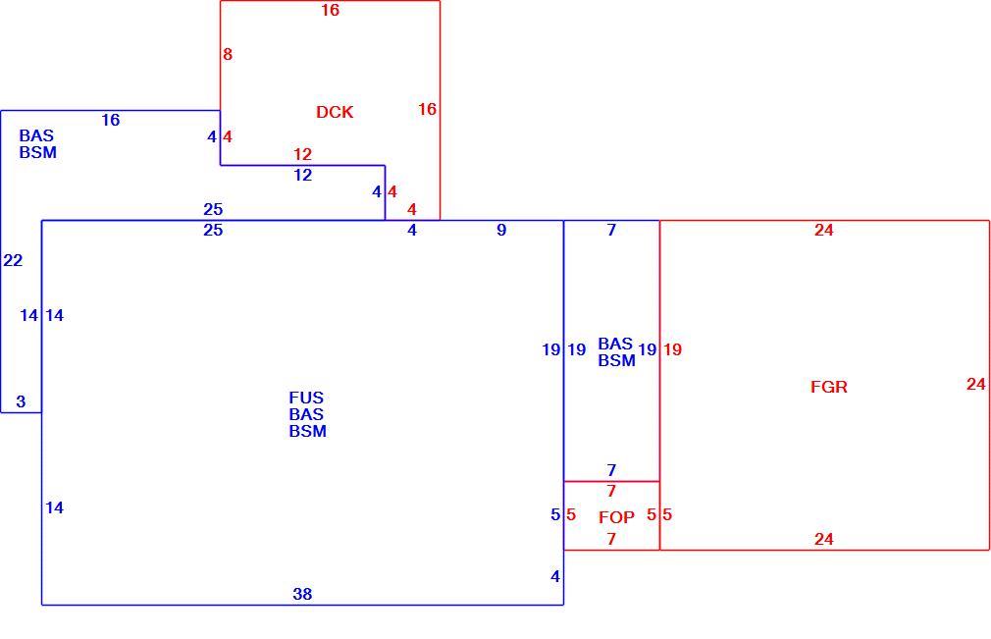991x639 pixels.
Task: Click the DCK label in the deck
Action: coord(335,112)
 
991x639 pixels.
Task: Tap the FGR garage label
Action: coord(828,386)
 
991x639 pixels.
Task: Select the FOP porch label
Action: coord(616,517)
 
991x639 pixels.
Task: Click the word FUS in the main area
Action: coord(306,398)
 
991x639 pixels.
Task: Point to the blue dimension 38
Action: coord(302,594)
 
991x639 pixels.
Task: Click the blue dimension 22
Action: coord(13,260)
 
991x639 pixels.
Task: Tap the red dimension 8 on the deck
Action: coord(228,54)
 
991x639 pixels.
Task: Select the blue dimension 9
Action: coord(501,230)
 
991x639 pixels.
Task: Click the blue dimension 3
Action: coord(21,401)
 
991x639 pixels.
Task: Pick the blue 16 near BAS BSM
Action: coord(111,120)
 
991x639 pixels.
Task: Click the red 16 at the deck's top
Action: coord(330,10)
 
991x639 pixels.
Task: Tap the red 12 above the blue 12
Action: coord(302,153)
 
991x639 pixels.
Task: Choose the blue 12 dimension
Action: coord(303,175)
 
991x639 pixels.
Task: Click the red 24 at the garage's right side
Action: coord(976,384)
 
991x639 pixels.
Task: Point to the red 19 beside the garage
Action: coord(672,348)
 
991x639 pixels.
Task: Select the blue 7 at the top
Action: coord(611,230)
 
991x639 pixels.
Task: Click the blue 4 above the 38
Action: coord(555,576)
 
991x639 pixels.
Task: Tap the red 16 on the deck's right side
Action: coord(427,109)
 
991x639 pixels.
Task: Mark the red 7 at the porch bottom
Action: coord(611,539)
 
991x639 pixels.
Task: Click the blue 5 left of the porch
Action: coord(555,514)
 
